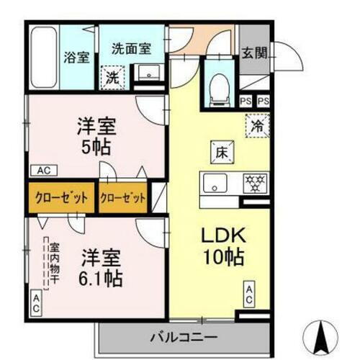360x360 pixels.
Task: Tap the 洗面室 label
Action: pyautogui.click(x=130, y=49)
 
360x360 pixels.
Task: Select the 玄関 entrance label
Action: pyautogui.click(x=253, y=52)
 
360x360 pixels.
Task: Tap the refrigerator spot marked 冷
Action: pyautogui.click(x=256, y=124)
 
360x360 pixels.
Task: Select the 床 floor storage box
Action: pyautogui.click(x=221, y=152)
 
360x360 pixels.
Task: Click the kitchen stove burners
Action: pyautogui.click(x=256, y=180)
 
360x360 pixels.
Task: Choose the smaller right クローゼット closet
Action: pyautogui.click(x=123, y=196)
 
